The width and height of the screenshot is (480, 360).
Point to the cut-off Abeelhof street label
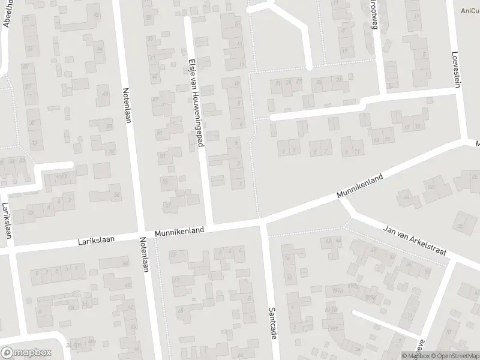coord(7,14)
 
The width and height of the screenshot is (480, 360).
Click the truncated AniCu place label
coord(469,10)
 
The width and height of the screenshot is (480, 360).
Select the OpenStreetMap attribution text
coord(453,356)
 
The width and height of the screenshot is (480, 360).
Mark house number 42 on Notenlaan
coord(97,14)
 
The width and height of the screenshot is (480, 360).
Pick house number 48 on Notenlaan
coord(106,94)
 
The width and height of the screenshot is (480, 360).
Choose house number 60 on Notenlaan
coord(127,285)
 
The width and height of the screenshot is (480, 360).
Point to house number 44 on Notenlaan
coord(99,49)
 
